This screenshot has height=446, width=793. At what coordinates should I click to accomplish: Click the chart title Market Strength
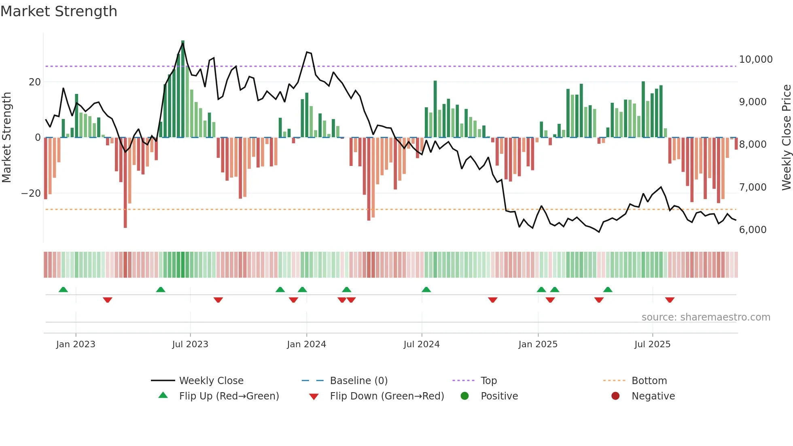click(x=59, y=11)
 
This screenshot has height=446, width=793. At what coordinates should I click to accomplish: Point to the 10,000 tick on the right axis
click(x=755, y=59)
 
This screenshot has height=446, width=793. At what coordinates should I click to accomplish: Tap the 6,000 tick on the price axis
click(x=753, y=230)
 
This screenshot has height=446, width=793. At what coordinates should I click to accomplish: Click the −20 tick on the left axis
click(x=31, y=193)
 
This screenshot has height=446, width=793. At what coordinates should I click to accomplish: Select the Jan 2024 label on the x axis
click(x=306, y=344)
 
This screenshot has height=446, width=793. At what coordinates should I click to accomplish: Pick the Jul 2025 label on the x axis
click(x=652, y=344)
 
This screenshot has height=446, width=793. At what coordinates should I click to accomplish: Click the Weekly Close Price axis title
click(x=786, y=138)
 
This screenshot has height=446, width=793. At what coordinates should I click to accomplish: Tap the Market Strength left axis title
click(x=6, y=138)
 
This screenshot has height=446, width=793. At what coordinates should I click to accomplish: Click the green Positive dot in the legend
click(x=464, y=396)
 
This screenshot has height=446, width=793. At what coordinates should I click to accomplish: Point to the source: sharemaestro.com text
click(x=706, y=317)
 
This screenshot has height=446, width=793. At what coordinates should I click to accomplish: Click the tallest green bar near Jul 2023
click(x=183, y=89)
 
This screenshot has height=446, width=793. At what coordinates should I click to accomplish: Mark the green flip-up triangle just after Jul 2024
click(x=426, y=289)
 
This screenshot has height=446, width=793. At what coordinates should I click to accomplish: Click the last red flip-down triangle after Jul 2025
click(x=670, y=300)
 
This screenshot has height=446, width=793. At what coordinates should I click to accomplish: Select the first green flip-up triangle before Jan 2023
click(x=63, y=289)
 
